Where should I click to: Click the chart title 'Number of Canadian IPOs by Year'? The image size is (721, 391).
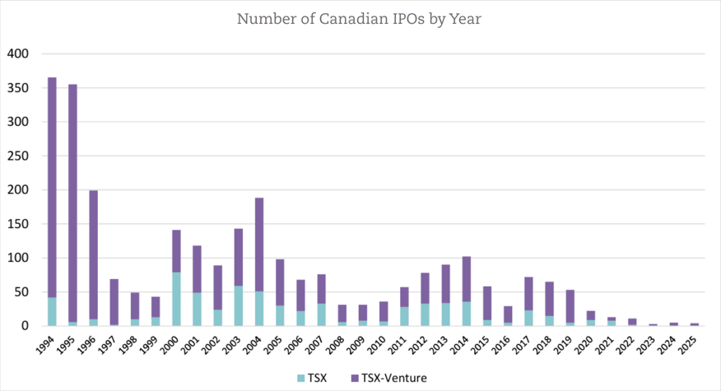pos(359,19)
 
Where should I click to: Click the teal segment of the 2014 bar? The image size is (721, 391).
pos(467,314)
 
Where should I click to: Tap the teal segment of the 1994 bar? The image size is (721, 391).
pos(52,312)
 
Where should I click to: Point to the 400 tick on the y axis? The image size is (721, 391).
pos(18,54)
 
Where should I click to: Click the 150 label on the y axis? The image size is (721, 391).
pos(18,224)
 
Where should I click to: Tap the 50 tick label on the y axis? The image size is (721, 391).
pos(21,292)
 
